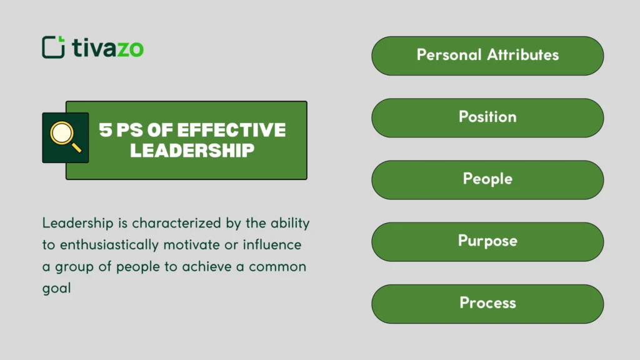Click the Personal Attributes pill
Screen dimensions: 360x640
coord(487,56)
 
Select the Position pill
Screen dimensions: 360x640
coord(487,117)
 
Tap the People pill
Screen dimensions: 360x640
coord(487,179)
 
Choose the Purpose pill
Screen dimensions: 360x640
coord(487,241)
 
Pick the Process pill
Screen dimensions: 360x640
coord(487,303)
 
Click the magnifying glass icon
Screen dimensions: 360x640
coord(65,137)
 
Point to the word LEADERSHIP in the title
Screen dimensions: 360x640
coord(192,150)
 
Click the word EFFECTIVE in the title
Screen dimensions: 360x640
coord(232,130)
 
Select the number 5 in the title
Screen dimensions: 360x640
coord(105,130)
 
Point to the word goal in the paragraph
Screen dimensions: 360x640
coord(56,289)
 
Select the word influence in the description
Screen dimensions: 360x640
coord(272,244)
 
